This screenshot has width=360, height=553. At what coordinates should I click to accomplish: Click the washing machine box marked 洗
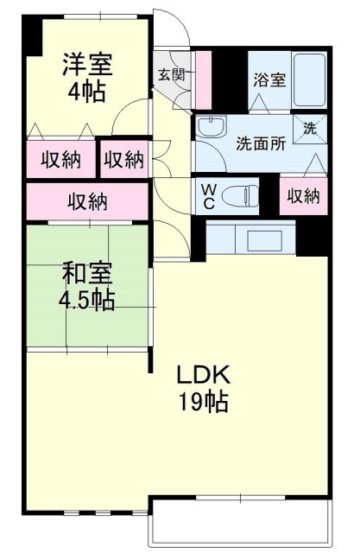click(x=308, y=129)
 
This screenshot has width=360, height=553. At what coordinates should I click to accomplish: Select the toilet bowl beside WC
click(x=240, y=197)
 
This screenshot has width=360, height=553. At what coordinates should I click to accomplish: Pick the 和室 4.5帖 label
click(x=86, y=288)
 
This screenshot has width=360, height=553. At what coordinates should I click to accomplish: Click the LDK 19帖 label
click(x=204, y=388)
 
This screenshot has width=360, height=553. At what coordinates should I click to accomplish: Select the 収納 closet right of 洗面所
click(x=304, y=195)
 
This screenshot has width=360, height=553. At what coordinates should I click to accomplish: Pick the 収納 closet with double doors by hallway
click(x=123, y=159)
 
